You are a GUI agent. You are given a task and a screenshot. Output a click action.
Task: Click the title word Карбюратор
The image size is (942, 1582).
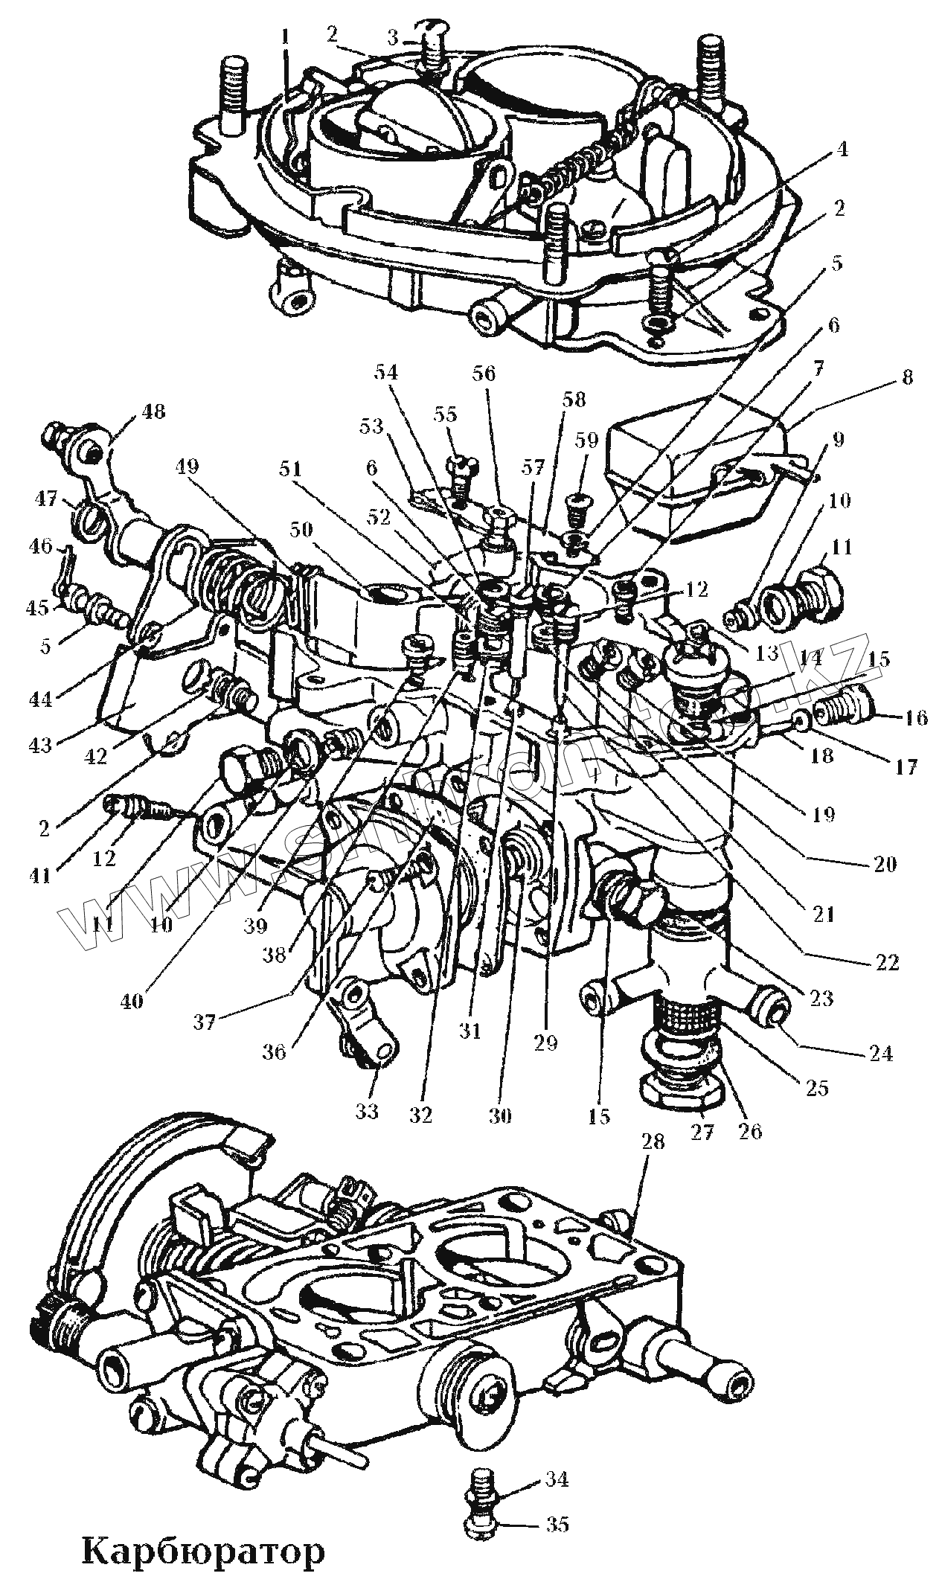(202, 1552)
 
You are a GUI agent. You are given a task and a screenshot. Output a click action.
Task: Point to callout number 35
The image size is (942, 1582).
(557, 1520)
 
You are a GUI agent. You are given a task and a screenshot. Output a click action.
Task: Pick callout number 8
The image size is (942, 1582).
(906, 378)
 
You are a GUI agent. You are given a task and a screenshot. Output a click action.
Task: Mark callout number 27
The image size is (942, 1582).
(702, 1131)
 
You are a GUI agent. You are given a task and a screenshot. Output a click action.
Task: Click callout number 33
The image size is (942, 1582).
(366, 1111)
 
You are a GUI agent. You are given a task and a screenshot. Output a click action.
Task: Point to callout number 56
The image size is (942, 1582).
(484, 372)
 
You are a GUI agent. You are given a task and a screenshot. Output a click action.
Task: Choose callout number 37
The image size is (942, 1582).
(205, 1023)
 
